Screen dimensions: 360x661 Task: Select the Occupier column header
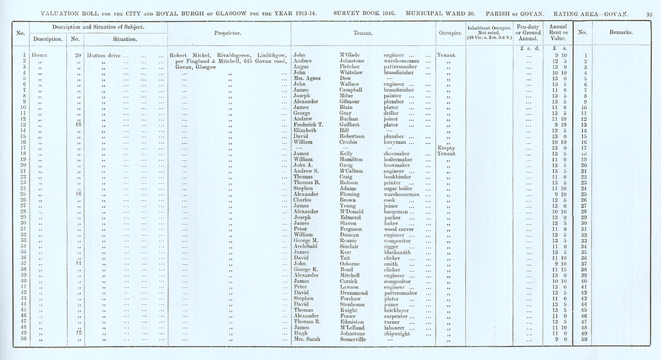coord(449,32)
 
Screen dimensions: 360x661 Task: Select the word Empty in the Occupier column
coord(447,147)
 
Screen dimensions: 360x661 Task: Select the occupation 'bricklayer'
coord(398,310)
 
